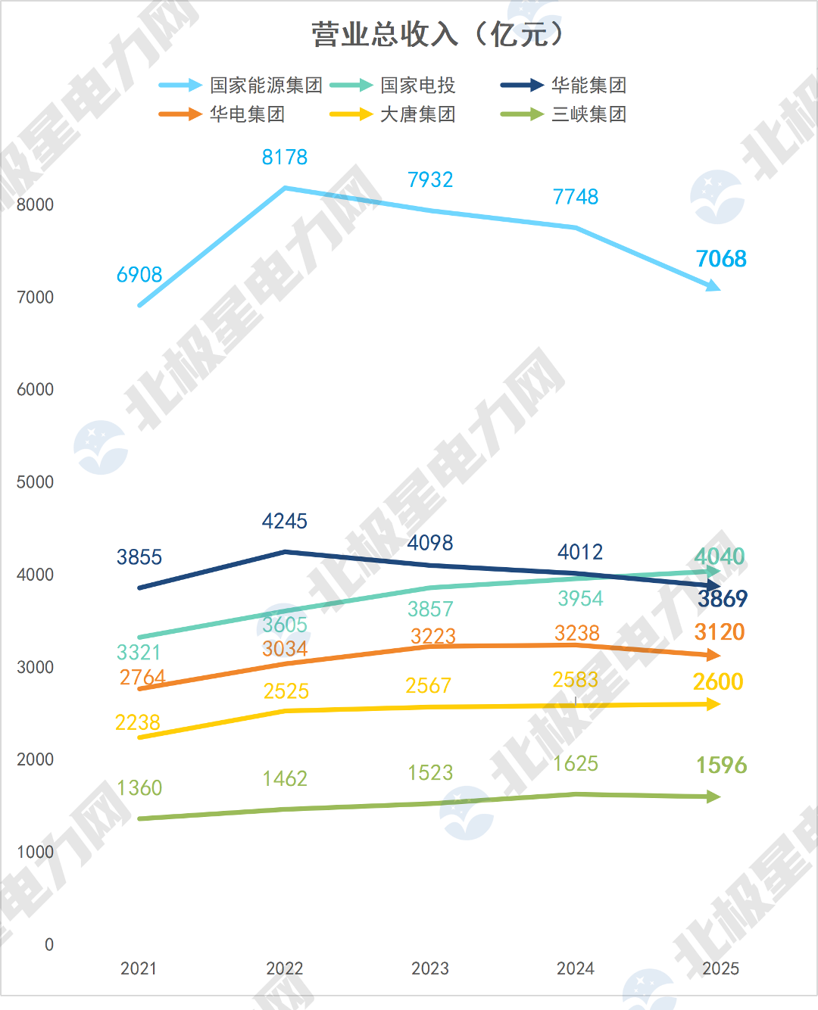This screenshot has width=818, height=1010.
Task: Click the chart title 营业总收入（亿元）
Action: [x=437, y=34]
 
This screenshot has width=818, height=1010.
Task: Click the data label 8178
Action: [x=285, y=157]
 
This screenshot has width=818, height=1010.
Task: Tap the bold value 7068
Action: [x=721, y=259]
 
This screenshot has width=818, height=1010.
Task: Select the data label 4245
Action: [x=285, y=521]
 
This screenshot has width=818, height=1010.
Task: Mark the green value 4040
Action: [x=720, y=556]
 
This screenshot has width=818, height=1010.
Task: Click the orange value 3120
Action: [x=720, y=632]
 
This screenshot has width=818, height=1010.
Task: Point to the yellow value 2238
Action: [x=138, y=722]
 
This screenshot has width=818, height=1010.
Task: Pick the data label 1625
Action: [x=576, y=764]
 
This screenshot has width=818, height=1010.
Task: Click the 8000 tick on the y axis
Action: [x=35, y=205]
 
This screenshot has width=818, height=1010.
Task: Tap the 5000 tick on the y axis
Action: [x=35, y=482]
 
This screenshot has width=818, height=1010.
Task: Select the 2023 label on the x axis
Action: [x=430, y=968]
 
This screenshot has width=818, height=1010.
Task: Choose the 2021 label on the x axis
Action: [x=139, y=968]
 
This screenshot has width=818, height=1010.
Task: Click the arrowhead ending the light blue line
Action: [x=713, y=285]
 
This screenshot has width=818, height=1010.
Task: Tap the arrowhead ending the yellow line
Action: [x=713, y=704]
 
